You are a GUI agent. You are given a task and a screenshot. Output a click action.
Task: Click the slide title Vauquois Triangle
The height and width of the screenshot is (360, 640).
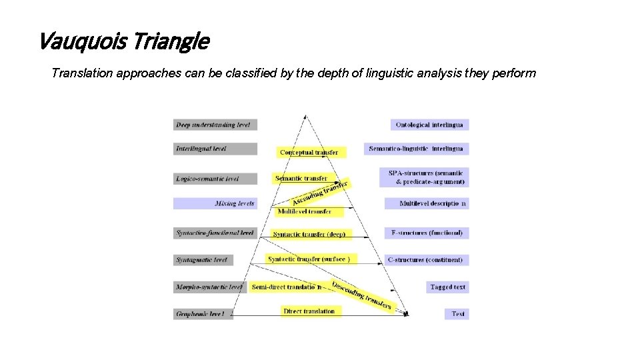coord(123,42)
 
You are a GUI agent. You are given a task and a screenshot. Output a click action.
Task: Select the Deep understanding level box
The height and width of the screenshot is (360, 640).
coord(215,125)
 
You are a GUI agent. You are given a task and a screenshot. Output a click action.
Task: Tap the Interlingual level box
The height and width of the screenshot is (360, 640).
coord(215,149)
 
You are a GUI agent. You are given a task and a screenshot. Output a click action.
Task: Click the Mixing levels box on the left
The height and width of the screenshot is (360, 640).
coord(215,203)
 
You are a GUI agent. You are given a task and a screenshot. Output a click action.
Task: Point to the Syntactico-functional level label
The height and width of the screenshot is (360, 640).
coord(215,233)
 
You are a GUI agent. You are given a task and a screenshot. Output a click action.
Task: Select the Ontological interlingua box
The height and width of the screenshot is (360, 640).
coord(429,125)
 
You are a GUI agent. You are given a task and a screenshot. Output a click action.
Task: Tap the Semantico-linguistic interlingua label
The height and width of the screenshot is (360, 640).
coord(416,149)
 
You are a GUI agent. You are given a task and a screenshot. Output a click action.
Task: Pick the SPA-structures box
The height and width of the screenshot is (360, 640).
coord(425,177)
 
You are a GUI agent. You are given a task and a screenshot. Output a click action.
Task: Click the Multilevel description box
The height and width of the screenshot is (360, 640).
coord(427,203)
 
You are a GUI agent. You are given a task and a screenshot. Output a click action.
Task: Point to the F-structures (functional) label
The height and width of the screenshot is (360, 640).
coord(427,233)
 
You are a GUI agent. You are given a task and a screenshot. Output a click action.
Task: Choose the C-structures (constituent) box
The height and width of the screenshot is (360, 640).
coord(425,259)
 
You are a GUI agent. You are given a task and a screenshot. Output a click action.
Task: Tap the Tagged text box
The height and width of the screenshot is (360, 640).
coord(447,287)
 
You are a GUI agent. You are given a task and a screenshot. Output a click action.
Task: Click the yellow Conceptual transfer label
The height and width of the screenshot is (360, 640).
coord(310,153)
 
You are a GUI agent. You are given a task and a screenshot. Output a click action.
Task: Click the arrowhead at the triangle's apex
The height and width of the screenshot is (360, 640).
coord(306,117)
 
